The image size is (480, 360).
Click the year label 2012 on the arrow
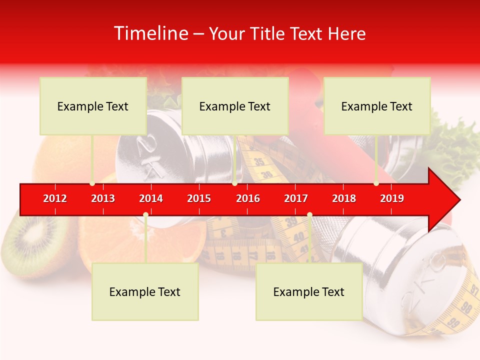point(55,198)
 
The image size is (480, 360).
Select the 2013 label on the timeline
point(103,198)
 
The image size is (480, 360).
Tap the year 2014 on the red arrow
point(151,198)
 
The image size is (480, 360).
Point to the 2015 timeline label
point(199,198)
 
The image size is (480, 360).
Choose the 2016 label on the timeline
point(248,198)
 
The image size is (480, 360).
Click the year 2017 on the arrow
point(296,198)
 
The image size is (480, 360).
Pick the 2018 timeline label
point(344,198)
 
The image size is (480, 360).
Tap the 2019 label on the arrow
point(392,198)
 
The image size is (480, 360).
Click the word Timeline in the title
point(150,33)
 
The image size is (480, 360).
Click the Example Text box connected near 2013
point(93,106)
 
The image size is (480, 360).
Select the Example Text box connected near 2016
point(235,106)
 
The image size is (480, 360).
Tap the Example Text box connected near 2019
point(377,106)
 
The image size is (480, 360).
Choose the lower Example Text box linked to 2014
point(145,291)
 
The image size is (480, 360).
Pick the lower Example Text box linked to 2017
point(309,291)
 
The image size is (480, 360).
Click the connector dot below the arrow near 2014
point(145,214)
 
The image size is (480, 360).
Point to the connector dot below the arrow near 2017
point(309,214)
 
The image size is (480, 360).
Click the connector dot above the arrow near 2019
point(376,184)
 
